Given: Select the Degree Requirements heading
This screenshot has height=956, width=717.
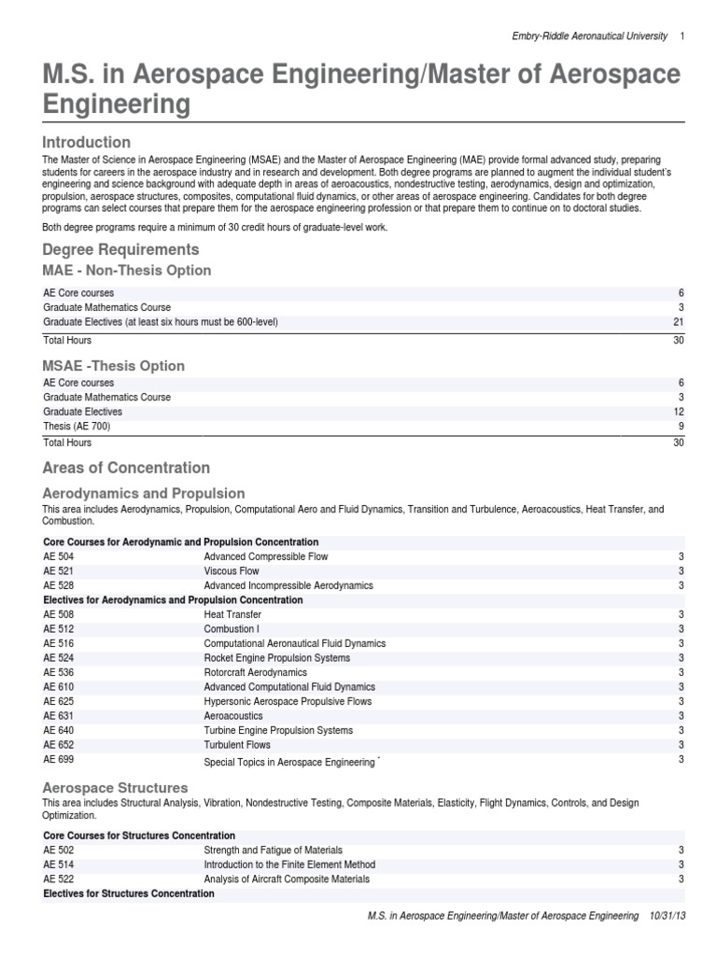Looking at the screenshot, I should point(120,249).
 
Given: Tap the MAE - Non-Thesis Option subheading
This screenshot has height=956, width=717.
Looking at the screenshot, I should point(127,271).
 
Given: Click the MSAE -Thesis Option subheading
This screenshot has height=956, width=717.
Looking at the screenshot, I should point(114,366).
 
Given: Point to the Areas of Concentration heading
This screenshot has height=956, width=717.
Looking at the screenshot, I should point(126,468).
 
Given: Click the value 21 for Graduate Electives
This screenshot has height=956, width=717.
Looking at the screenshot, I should point(679,322).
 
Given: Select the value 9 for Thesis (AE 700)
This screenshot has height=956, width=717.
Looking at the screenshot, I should point(682,426).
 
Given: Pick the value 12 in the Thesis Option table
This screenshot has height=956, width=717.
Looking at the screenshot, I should point(679,412).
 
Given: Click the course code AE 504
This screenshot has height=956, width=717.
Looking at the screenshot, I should point(58,556).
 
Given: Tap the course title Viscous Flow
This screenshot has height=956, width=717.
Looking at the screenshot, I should point(232,571).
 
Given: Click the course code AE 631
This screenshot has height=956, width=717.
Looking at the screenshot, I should point(58,716).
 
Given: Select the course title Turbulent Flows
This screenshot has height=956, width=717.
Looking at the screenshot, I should point(237,745).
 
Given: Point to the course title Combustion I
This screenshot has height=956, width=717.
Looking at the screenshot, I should point(232,629).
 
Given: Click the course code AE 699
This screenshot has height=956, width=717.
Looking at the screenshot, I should point(58,760).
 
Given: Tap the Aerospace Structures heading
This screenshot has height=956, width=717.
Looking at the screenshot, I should point(115,788).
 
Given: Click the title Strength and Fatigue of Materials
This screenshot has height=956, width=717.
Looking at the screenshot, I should point(273,851).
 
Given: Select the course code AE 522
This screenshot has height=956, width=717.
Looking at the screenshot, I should point(58,879).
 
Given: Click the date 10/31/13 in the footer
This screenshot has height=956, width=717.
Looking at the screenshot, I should point(667,917).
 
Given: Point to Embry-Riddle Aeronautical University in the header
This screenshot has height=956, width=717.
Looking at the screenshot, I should point(590,35).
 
